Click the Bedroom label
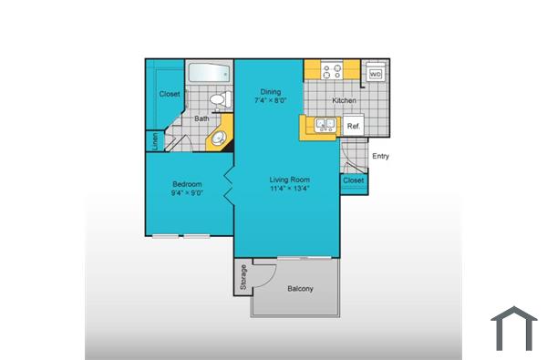(187, 184)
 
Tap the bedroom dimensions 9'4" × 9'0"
(187, 193)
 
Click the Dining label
(270, 91)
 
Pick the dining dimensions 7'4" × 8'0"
(270, 100)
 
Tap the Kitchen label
(344, 100)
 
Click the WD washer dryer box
(375, 74)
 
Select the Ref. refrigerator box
(354, 127)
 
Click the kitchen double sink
(324, 125)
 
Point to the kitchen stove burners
(331, 70)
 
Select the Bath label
(201, 118)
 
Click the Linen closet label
(155, 140)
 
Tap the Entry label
(381, 156)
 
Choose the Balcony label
(301, 289)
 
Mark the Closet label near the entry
(353, 180)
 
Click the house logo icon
(514, 329)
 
